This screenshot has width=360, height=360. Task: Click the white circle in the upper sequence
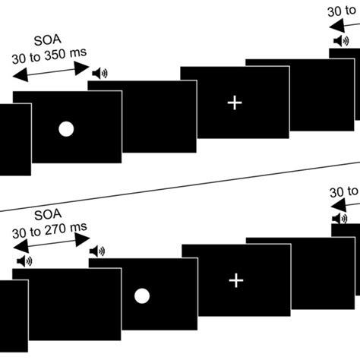click(x=66, y=129)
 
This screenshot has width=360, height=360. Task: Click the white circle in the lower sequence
click(x=141, y=296)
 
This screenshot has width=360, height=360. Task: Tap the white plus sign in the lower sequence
click(x=236, y=281)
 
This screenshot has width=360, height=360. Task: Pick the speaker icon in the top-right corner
click(x=339, y=42)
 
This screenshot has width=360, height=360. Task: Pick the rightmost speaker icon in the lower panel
click(x=339, y=217)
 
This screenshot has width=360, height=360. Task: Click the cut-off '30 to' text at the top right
click(x=343, y=12)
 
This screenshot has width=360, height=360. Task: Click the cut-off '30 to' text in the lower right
click(x=344, y=191)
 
